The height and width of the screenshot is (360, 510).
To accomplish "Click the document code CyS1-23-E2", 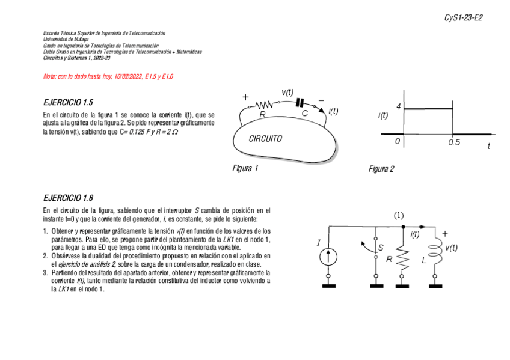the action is (463, 17).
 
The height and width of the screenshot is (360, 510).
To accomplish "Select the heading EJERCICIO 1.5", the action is (68, 102).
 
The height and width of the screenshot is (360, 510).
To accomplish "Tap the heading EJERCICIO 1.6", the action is (68, 198).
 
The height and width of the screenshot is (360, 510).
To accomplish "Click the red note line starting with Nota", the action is (108, 77).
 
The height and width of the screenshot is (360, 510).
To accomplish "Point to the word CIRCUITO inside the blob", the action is (265, 139).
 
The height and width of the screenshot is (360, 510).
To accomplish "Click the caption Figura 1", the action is (245, 169).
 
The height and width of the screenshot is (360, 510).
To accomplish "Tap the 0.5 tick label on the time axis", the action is (454, 142).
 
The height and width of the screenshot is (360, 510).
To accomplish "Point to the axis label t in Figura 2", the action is (489, 145).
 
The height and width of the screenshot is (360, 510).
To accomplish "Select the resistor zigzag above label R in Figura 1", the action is (265, 105).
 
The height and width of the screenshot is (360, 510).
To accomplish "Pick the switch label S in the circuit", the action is (381, 247).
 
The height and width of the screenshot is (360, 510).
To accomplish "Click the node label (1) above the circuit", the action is (399, 215).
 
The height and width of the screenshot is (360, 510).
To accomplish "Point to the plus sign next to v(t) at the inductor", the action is (445, 234).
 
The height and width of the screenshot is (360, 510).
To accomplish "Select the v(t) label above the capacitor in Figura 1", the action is (287, 92).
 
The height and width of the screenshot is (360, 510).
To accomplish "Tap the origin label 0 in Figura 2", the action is (398, 141).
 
